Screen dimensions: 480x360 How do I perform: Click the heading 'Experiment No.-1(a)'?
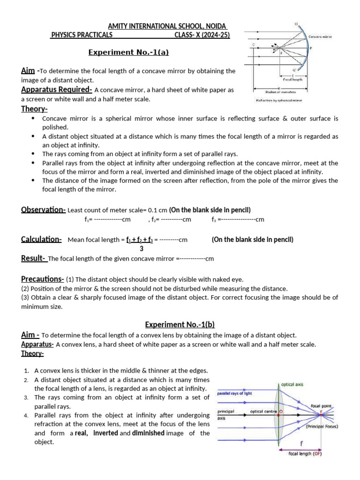pos(128,52)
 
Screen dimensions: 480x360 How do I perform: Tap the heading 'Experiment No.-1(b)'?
pos(180,324)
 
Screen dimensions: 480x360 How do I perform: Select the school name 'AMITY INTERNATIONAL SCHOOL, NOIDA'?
pos(168,26)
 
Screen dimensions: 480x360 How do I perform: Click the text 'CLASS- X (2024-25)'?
pos(202,35)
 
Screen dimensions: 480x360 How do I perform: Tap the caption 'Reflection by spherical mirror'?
pos(279,101)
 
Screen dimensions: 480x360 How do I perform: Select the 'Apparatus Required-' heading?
pos(56,90)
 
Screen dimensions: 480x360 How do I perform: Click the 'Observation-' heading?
pos(43,210)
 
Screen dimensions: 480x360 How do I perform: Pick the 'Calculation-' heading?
pos(41,240)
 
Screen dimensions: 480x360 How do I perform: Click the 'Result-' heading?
pos(33,258)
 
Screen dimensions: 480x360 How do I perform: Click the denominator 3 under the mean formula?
pos(142,249)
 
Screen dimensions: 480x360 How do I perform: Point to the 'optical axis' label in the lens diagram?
pos(292,384)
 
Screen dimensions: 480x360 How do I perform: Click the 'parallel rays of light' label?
pos(234,393)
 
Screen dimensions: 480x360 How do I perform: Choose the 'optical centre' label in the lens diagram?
pos(263,411)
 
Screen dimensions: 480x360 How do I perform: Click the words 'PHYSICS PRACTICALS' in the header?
pos(82,35)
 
